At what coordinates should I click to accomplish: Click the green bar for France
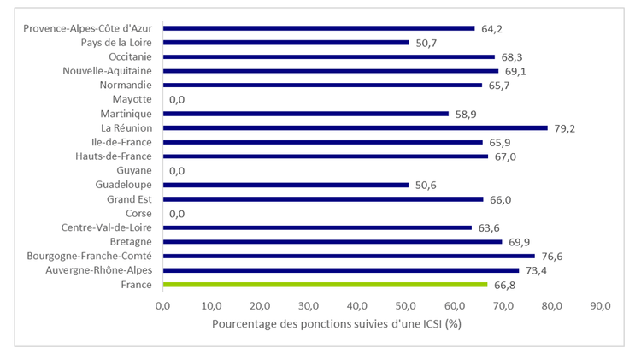coord(325,285)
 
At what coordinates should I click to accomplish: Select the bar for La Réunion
coord(355,127)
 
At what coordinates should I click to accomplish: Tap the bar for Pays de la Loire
coord(285,42)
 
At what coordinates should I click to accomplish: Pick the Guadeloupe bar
coord(285,185)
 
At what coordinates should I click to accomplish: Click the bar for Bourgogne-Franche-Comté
coord(349,256)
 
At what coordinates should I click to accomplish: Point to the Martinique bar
coord(305,114)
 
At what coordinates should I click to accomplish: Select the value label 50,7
coord(426,42)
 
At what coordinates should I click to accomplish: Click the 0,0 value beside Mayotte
coord(178,99)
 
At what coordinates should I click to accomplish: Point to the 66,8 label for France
coord(504,285)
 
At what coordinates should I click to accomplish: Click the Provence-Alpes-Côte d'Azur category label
coord(87,28)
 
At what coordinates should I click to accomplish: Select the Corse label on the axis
coord(138,213)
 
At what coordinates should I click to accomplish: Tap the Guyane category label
coord(132,170)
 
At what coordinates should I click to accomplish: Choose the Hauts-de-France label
coord(114,156)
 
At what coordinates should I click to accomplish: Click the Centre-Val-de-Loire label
coord(106,227)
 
